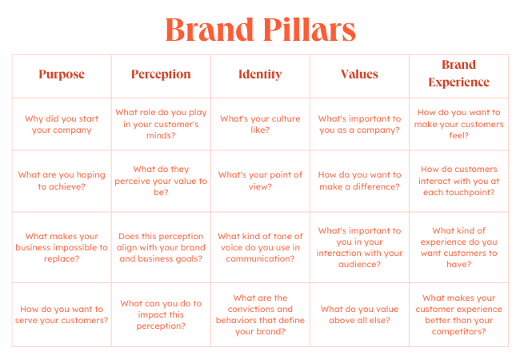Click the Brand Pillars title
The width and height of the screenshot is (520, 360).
pyautogui.click(x=260, y=30)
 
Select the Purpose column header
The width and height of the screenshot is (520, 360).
pyautogui.click(x=62, y=74)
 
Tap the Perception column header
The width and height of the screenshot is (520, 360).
pyautogui.click(x=161, y=74)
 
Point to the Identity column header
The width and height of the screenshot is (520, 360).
pyautogui.click(x=260, y=74)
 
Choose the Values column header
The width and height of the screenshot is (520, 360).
pyautogui.click(x=359, y=74)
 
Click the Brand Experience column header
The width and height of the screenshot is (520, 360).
pyautogui.click(x=458, y=74)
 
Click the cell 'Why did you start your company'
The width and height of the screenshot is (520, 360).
pyautogui.click(x=62, y=124)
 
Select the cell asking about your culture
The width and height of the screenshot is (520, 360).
pyautogui.click(x=260, y=124)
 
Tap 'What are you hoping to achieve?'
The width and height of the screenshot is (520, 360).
pyautogui.click(x=62, y=181)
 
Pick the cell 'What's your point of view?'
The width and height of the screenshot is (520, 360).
pyautogui.click(x=260, y=181)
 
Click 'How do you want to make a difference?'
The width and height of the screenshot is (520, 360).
pyautogui.click(x=359, y=181)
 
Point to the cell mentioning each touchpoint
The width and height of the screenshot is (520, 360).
pyautogui.click(x=458, y=181)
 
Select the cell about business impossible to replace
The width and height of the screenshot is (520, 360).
pyautogui.click(x=62, y=247)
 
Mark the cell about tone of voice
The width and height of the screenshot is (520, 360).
pyautogui.click(x=260, y=247)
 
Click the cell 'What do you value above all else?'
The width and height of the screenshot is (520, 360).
pyautogui.click(x=359, y=314)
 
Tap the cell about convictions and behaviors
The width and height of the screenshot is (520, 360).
pyautogui.click(x=260, y=314)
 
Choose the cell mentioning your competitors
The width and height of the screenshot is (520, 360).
pyautogui.click(x=458, y=314)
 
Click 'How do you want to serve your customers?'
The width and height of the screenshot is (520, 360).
pyautogui.click(x=62, y=314)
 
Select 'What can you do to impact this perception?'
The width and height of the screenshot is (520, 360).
pyautogui.click(x=161, y=314)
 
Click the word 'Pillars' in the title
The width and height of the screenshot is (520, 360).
pyautogui.click(x=310, y=30)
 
